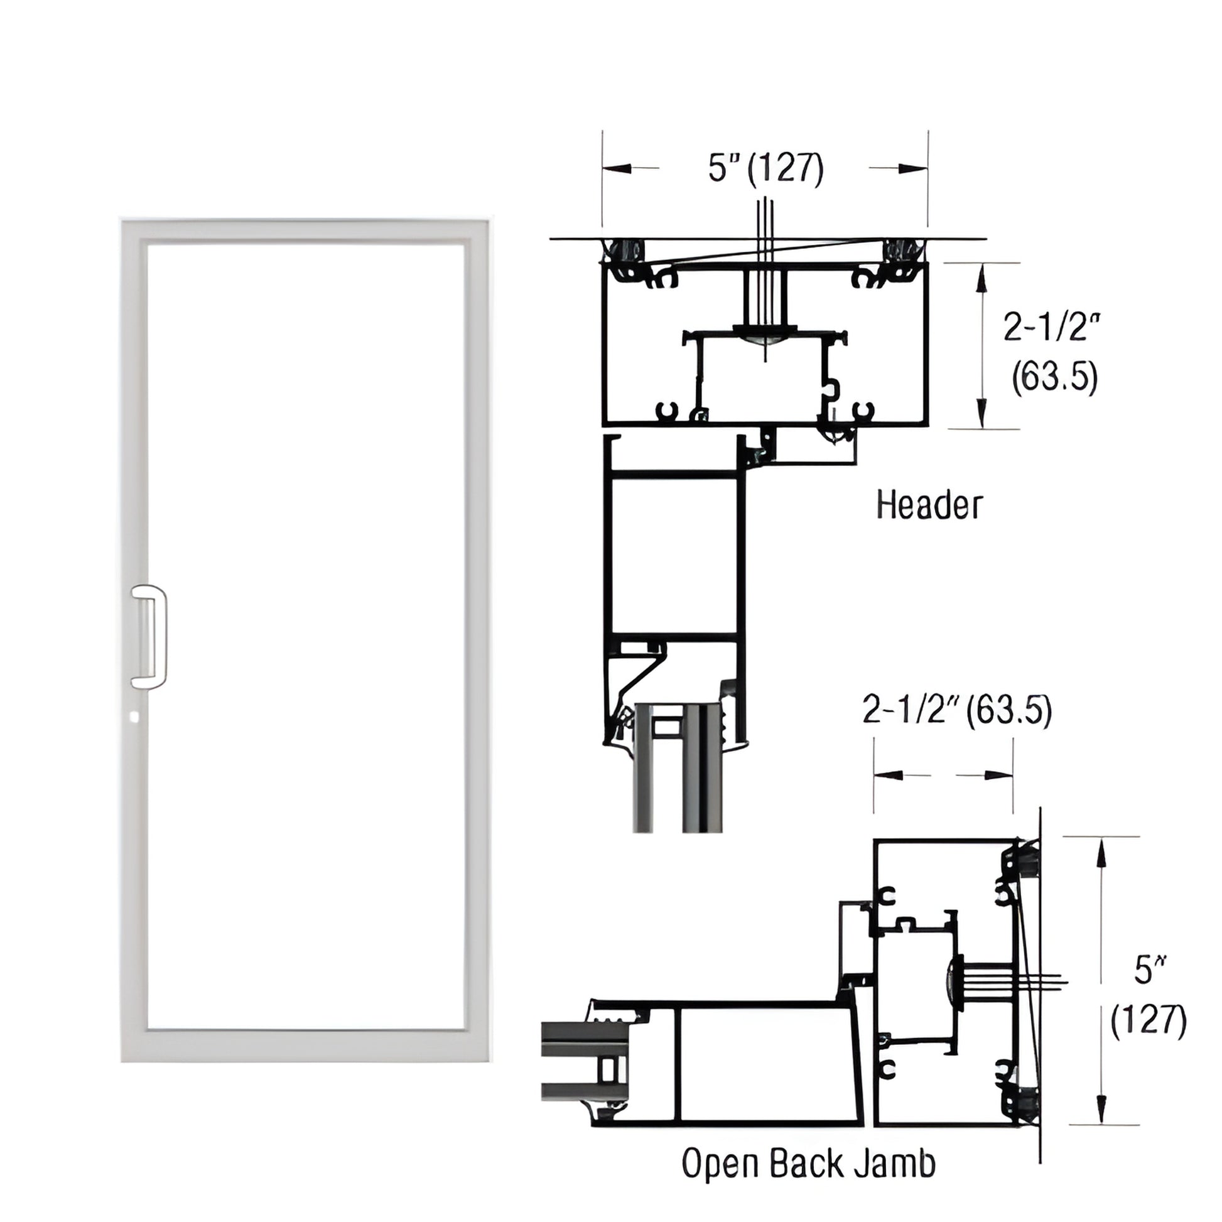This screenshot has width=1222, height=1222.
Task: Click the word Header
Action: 929,506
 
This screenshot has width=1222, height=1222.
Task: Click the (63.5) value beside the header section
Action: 1054,379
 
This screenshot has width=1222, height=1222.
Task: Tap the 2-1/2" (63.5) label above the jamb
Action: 957,710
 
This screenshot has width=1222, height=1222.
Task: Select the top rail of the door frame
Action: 305,232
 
